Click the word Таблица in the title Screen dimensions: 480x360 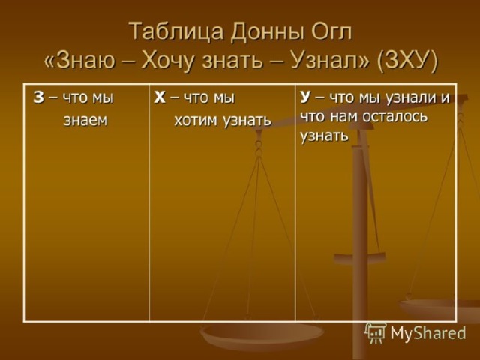(175, 31)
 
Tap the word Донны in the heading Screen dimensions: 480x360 (265, 31)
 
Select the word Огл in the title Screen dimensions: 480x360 (331, 31)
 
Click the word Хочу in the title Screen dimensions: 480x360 (167, 60)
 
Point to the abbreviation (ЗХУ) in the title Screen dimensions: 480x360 (408, 61)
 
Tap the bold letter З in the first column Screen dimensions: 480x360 (38, 97)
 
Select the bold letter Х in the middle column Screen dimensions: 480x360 (160, 97)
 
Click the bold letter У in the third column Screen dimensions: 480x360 (305, 97)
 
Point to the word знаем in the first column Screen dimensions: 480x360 (85, 120)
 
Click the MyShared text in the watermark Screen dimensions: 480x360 (428, 333)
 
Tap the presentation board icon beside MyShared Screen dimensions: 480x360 (376, 332)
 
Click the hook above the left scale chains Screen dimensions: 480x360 (259, 143)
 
